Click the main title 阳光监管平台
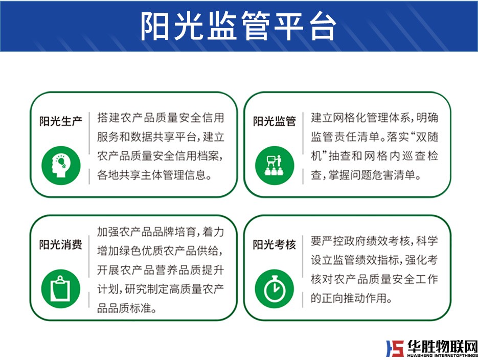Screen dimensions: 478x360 pos(238,27)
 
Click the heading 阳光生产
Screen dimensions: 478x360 pos(61,121)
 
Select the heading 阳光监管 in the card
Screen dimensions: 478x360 pos(275,121)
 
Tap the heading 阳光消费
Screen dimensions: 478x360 pos(61,244)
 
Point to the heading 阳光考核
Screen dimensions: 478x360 pos(275,244)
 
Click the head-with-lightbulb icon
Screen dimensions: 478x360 pos(61,166)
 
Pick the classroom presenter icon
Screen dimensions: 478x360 pos(275,166)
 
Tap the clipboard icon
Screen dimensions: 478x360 pos(61,289)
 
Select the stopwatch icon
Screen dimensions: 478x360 pos(275,289)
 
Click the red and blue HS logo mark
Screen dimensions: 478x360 pos(395,348)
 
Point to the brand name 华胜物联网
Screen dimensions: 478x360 pos(442,346)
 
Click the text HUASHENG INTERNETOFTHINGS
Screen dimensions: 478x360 pos(442,355)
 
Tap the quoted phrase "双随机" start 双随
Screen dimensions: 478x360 pos(427,137)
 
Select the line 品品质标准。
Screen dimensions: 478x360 pos(127,308)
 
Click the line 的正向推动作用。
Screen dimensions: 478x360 pos(352,298)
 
